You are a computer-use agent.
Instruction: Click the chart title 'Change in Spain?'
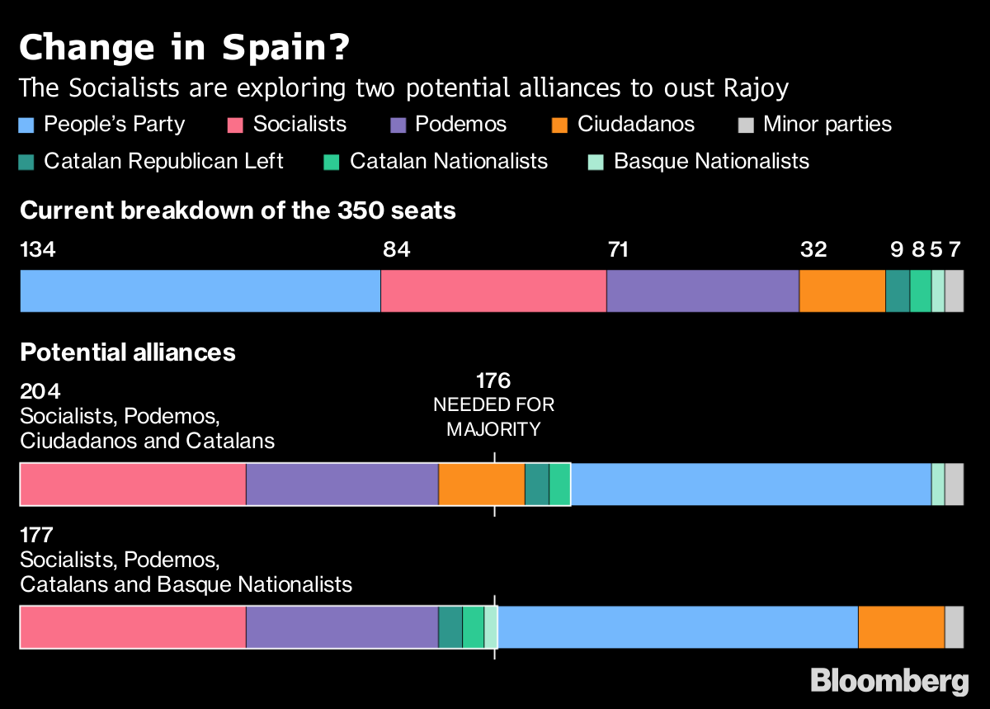click(x=183, y=48)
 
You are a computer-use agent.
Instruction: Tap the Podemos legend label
click(x=460, y=125)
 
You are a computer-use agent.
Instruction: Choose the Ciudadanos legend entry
click(x=635, y=125)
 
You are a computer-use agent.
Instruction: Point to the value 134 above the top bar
click(x=38, y=249)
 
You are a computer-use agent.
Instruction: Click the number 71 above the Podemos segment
click(x=618, y=249)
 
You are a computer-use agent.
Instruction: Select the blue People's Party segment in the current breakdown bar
click(x=200, y=291)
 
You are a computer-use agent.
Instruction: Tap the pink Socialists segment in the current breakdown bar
click(x=493, y=291)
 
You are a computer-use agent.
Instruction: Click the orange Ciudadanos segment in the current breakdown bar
click(x=841, y=291)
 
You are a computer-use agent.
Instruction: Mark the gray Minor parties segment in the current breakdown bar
click(x=954, y=291)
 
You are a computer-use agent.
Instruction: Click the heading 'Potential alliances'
click(x=128, y=352)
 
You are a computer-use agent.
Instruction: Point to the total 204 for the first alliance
click(x=40, y=391)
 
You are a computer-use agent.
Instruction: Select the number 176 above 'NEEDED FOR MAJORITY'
click(x=493, y=380)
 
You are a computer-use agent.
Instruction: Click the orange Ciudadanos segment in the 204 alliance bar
click(x=481, y=484)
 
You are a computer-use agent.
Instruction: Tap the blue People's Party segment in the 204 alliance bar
click(x=751, y=484)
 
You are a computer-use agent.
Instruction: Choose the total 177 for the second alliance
click(x=36, y=536)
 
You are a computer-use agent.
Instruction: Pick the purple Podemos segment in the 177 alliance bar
click(x=342, y=627)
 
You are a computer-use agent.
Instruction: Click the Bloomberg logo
click(x=889, y=681)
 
